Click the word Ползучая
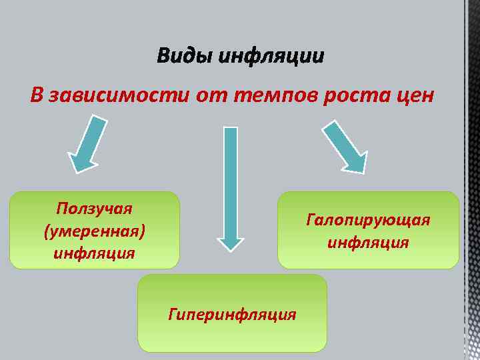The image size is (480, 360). [94, 208]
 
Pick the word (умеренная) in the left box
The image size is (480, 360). [94, 231]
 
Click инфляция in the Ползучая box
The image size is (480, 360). [94, 253]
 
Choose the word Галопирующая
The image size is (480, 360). [368, 219]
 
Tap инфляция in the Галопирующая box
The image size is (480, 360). [368, 242]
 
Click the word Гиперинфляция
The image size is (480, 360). [232, 313]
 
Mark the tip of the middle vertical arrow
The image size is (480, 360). [230, 248]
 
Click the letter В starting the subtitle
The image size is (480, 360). [36, 95]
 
